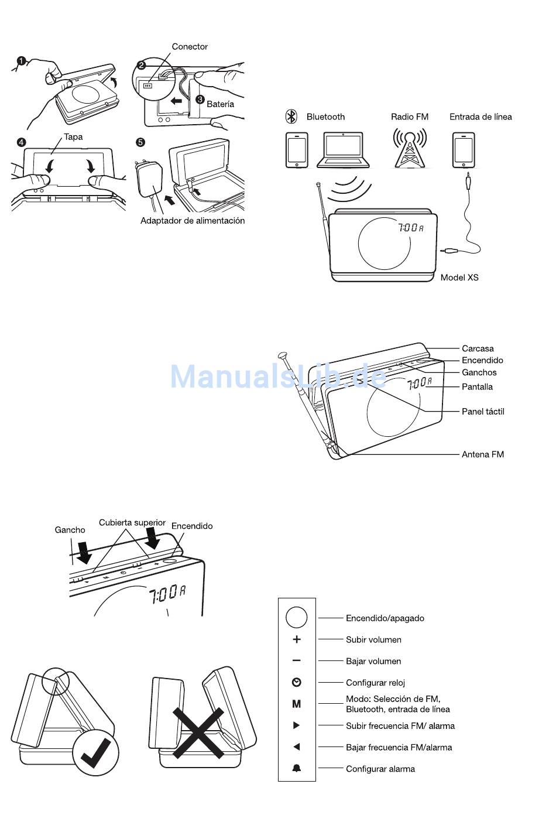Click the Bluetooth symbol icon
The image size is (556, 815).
[291, 117]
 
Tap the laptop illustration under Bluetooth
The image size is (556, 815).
[343, 150]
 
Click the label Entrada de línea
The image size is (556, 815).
[481, 117]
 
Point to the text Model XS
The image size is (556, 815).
[459, 278]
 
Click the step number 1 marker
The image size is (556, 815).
[22, 61]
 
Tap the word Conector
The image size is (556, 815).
[190, 47]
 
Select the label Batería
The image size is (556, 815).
[220, 104]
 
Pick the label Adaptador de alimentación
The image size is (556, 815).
[193, 221]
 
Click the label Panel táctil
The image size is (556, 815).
[483, 412]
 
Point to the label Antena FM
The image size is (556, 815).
[483, 454]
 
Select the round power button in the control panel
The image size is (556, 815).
[297, 618]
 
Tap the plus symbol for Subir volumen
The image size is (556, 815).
[297, 639]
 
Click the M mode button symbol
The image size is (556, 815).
[297, 704]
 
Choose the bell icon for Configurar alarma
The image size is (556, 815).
[297, 768]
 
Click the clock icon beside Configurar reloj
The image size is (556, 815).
[297, 682]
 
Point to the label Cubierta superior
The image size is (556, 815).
[132, 522]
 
